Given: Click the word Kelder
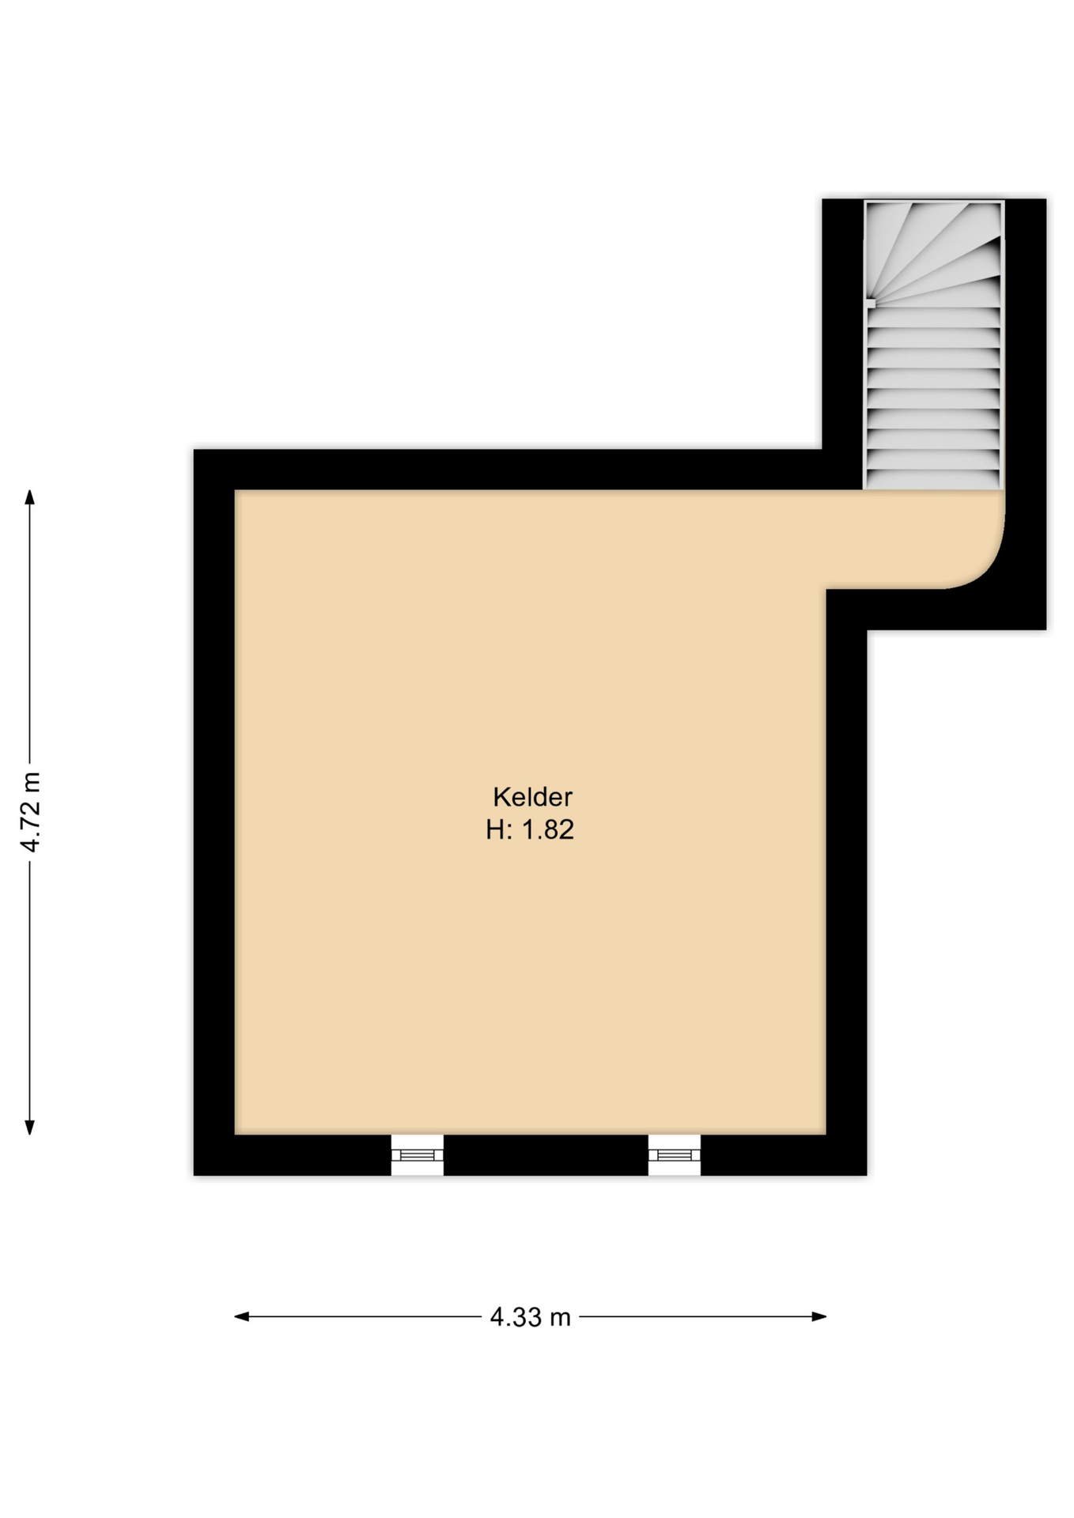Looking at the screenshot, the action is pos(532,796).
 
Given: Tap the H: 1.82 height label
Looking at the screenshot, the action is pos(530,830).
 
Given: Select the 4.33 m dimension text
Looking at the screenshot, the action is pos(530,1317).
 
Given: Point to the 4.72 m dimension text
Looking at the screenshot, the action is pos(31,812).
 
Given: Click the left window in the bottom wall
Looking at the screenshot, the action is pos(417,1155).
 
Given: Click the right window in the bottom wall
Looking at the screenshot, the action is pos(675,1155).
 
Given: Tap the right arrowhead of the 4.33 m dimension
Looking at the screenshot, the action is pos(819,1316).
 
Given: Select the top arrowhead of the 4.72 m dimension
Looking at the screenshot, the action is pos(30,497).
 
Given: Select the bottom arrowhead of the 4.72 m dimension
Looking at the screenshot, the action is pos(30,1127).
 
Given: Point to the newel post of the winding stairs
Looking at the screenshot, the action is pos(870,303).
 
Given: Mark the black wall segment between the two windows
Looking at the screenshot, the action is pos(546,1155).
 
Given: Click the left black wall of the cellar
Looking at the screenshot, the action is pos(214,812).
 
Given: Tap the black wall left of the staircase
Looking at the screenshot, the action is pos(842,324).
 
